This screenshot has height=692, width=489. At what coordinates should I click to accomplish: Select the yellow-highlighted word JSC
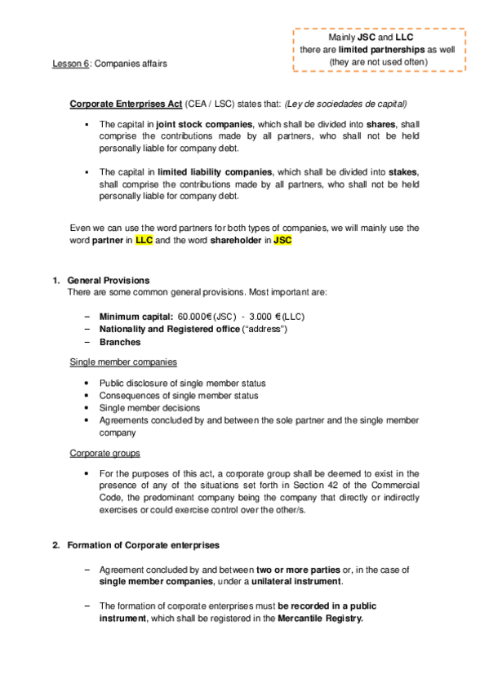282,241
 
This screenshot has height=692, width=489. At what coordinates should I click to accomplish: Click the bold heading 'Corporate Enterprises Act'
125,104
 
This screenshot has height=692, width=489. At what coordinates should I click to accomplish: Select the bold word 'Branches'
119,342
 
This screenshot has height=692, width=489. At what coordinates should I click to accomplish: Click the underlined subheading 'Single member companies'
123,362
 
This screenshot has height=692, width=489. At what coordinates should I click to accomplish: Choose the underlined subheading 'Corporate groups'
104,452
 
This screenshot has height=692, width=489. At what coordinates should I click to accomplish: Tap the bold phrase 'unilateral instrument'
299,582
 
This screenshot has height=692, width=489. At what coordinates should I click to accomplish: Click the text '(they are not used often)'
378,62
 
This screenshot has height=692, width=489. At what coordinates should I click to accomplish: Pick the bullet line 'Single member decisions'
149,407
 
